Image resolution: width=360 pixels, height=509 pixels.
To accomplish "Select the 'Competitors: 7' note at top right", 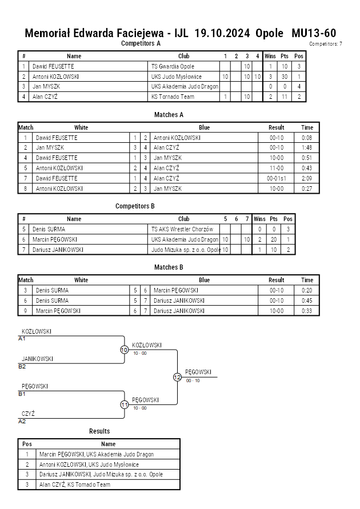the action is pyautogui.click(x=325, y=44).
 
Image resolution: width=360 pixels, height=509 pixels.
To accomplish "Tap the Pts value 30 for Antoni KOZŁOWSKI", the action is pyautogui.click(x=285, y=77).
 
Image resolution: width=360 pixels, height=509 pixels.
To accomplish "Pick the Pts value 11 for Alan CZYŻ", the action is pyautogui.click(x=285, y=97).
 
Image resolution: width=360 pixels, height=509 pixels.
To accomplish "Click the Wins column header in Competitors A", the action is pyautogui.click(x=270, y=56).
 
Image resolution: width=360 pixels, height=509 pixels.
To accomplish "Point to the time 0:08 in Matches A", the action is pyautogui.click(x=307, y=138).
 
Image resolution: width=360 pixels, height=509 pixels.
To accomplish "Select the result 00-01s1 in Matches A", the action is pyautogui.click(x=276, y=178).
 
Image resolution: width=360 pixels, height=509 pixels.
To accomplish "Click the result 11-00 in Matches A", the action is pyautogui.click(x=276, y=168).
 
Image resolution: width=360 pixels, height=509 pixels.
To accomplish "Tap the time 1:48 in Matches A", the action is pyautogui.click(x=307, y=148).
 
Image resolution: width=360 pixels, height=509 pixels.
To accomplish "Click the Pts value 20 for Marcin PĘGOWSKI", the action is pyautogui.click(x=274, y=239).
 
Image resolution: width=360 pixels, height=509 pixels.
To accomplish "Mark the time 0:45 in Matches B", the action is pyautogui.click(x=307, y=300).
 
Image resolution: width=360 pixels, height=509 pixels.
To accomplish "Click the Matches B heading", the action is pyautogui.click(x=169, y=267).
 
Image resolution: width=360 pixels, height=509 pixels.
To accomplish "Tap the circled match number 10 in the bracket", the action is pyautogui.click(x=125, y=350).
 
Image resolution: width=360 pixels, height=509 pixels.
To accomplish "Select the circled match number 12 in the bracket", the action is pyautogui.click(x=177, y=377).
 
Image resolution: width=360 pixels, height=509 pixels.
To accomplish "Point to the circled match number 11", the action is pyautogui.click(x=125, y=405).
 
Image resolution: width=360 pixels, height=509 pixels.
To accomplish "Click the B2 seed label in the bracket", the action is pyautogui.click(x=22, y=367).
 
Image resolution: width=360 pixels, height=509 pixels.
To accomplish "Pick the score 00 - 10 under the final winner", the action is pyautogui.click(x=193, y=381).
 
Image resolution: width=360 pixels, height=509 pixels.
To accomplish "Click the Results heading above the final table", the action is pyautogui.click(x=99, y=431).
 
